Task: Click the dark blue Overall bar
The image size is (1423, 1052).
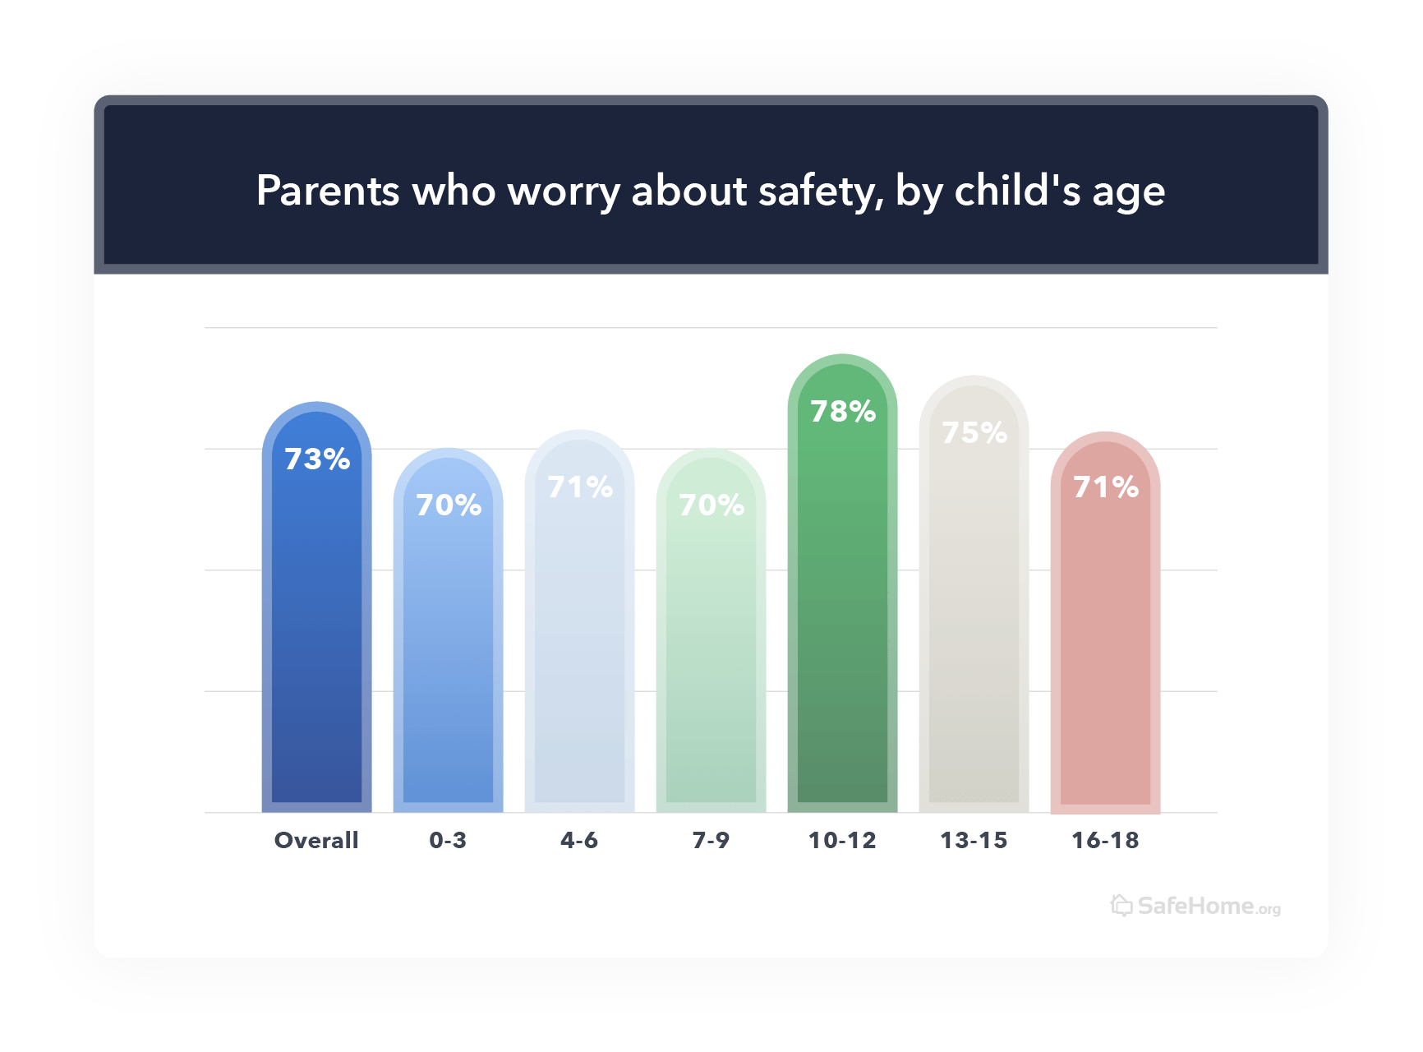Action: (x=316, y=633)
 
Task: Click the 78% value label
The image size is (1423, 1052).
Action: (x=843, y=411)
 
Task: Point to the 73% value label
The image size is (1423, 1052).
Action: (x=317, y=459)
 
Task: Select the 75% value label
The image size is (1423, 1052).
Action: (x=974, y=432)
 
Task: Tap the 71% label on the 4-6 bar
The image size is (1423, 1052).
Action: (x=580, y=487)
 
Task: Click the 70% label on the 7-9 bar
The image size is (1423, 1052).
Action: (x=711, y=505)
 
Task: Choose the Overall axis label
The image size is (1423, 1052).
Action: (x=316, y=840)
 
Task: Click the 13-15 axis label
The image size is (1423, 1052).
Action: (x=974, y=840)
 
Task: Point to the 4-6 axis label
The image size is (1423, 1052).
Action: (x=579, y=840)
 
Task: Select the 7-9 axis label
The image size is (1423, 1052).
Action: (x=711, y=840)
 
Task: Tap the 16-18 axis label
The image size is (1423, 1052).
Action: (x=1105, y=840)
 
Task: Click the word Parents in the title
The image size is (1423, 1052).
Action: (x=328, y=191)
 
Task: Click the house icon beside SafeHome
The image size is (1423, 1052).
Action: (x=1121, y=905)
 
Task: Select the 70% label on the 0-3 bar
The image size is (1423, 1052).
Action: (x=449, y=505)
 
